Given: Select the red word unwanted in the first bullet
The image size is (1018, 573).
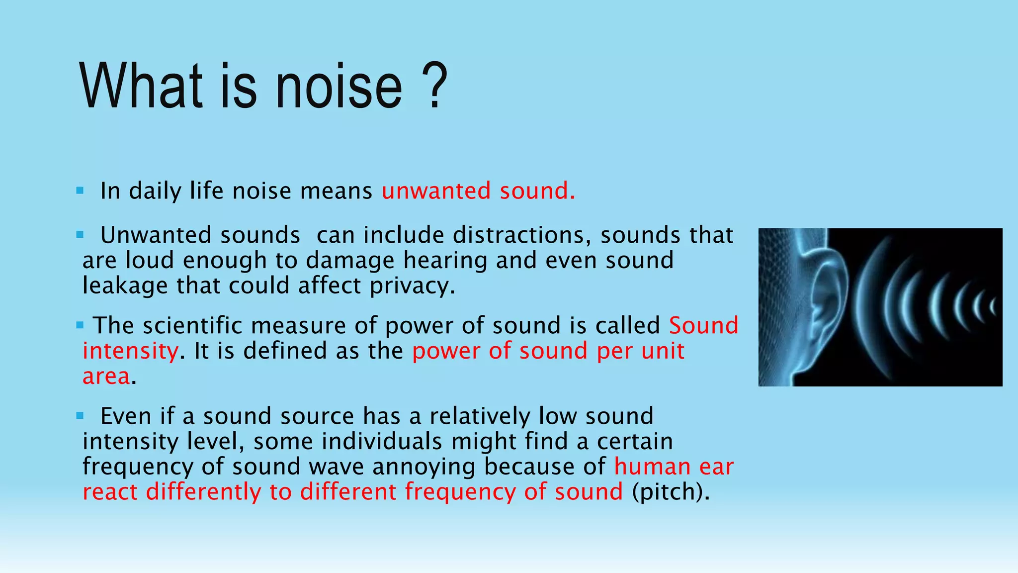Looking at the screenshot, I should [x=436, y=191].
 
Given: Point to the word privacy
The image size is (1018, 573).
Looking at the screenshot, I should [x=412, y=286].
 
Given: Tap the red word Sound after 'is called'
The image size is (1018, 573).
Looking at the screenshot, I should [x=703, y=326].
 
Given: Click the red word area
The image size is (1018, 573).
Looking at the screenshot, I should [x=106, y=377].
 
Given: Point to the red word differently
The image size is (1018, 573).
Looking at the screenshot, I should [x=203, y=492].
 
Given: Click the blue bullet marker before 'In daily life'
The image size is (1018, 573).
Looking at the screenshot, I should [x=80, y=191].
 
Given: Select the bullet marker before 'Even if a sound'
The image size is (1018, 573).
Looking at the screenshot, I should [x=80, y=415].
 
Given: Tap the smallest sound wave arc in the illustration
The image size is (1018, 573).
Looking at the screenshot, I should [x=992, y=307].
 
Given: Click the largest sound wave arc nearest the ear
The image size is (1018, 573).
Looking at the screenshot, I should [x=867, y=303].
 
